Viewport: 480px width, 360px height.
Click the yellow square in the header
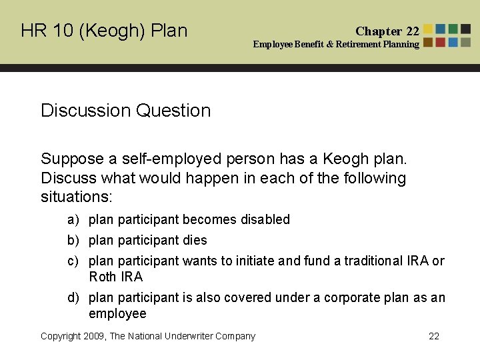(428, 29)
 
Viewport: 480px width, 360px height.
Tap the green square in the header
(453, 29)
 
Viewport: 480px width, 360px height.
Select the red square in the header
(441, 42)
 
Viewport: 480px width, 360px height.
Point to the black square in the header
(466, 29)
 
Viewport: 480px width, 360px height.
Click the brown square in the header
(428, 42)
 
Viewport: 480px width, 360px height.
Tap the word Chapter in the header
(379, 31)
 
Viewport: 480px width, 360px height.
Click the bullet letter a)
(72, 220)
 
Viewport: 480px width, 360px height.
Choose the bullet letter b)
(72, 241)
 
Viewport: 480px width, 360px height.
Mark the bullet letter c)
(72, 261)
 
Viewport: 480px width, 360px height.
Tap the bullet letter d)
(72, 298)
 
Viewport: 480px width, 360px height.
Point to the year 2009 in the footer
(94, 337)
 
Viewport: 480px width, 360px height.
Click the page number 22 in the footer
(434, 337)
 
